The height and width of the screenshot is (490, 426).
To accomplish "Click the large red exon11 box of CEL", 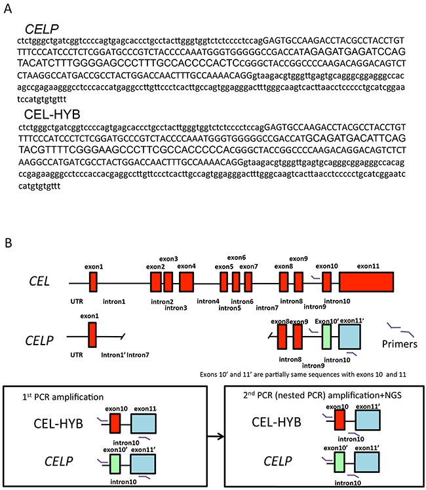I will [x=366, y=282].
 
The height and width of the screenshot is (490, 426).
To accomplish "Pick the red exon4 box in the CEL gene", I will [x=186, y=282].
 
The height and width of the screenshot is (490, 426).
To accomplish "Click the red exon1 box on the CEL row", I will [x=93, y=282].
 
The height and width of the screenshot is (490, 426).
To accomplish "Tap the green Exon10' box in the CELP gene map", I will [x=326, y=338].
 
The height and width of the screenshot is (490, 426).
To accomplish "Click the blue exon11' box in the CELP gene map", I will [x=352, y=338].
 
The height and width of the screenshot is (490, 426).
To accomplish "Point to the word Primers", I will [x=400, y=343].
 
